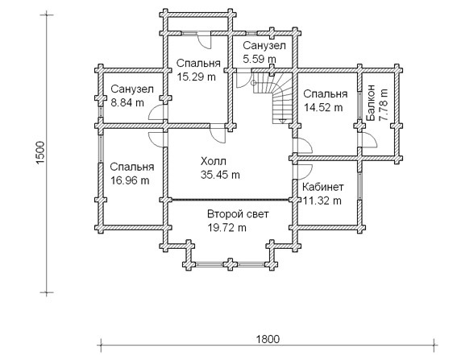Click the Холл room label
pos(214,161)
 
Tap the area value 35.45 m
pos(220,175)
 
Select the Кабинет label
pos(322,187)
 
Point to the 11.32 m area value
pos(322,201)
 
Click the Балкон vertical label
pos(371,103)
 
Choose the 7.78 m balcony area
pos(384,105)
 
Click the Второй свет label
pos(238,214)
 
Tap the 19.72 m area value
pos(226,227)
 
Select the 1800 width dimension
pos(268,339)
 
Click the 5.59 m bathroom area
pos(260,59)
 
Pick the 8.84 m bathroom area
pos(127,102)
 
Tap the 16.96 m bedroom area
pos(130,180)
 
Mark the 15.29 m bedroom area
pos(197,77)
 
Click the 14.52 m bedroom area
pos(323,107)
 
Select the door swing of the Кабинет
pos(305,172)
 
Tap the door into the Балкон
pos(369,140)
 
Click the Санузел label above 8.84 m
pos(132,89)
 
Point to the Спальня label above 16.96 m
pos(132,167)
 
